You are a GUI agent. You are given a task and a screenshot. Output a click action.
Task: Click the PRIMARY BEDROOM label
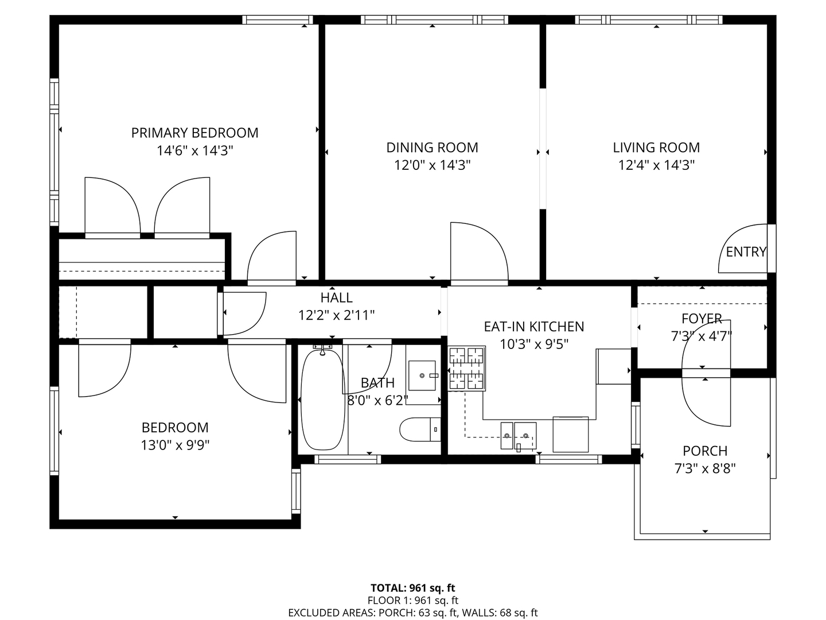[194, 133]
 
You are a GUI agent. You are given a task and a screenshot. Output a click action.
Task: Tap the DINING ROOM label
[432, 148]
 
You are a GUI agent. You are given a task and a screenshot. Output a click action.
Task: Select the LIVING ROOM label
[656, 148]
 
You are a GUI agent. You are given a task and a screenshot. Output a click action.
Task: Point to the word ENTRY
[746, 252]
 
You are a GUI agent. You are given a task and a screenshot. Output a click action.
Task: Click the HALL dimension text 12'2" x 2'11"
[336, 316]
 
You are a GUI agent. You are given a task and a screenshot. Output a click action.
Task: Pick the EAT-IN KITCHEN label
[533, 327]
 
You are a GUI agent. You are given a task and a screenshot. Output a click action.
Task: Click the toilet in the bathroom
[420, 429]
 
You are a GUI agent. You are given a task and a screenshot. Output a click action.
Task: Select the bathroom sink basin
[422, 375]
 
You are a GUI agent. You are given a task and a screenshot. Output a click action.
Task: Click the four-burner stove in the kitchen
[466, 368]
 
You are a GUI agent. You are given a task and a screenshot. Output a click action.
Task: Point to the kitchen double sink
[518, 436]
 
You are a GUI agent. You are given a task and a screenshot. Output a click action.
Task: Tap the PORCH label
[705, 451]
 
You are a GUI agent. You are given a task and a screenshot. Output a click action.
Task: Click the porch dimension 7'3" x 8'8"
[705, 469]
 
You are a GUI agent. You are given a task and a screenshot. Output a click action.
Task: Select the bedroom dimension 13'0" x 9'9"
[175, 445]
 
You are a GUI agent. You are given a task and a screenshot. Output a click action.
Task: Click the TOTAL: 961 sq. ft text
[413, 588]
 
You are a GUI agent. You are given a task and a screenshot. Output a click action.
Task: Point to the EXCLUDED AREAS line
[413, 613]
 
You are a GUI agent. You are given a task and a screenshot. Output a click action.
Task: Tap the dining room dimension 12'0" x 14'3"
[432, 165]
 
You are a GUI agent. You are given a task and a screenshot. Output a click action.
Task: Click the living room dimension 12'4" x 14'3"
[656, 165]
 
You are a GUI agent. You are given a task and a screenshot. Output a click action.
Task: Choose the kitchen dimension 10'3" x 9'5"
[533, 344]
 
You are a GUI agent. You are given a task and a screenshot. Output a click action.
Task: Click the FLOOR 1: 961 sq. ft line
[413, 600]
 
